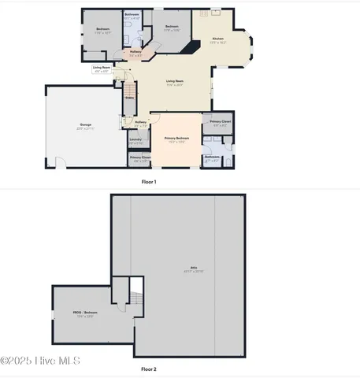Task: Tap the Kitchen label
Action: click(218, 39)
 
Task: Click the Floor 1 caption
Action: click(149, 182)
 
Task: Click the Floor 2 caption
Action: click(149, 369)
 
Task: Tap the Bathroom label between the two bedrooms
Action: click(132, 15)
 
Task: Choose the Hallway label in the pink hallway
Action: click(136, 52)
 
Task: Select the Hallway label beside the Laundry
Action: click(140, 121)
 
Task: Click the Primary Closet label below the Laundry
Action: click(139, 157)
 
